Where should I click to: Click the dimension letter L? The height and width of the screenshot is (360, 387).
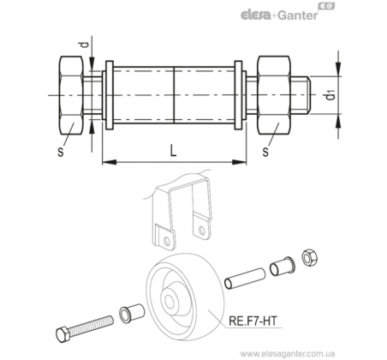pos(173,150)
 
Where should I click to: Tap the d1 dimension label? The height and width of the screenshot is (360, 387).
pos(330,95)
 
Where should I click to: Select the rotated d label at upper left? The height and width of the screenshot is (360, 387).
pos(83,45)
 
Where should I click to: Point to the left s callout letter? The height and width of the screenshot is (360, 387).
pos(61,152)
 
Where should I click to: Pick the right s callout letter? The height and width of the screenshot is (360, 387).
pos(265,152)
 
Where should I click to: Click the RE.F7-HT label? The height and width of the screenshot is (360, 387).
pos(253,321)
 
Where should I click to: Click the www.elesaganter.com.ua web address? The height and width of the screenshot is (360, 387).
pos(288,354)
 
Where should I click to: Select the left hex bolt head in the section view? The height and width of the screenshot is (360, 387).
pos(71,95)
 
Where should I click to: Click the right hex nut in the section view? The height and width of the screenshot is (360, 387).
pos(274,95)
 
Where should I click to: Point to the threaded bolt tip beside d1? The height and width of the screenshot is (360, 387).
pos(301,95)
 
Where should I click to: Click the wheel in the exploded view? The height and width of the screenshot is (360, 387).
pos(185,297)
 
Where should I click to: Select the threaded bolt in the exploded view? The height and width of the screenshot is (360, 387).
pos(85,329)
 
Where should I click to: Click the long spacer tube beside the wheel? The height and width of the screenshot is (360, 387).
pos(245,278)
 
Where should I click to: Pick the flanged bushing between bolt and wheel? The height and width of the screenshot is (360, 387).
pos(132,313)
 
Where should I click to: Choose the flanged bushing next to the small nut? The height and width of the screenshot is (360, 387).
pos(283,267)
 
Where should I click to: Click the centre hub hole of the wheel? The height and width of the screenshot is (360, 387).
pos(169,302)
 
